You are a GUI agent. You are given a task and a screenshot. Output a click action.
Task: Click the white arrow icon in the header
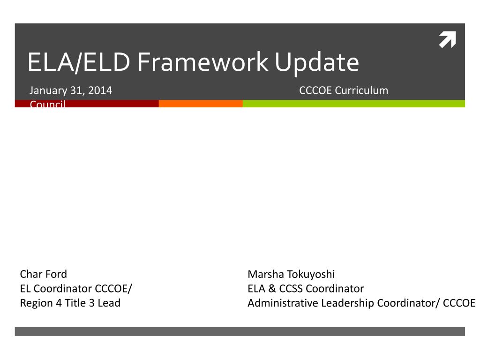point(447,40)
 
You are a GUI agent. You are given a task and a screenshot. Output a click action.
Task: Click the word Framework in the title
point(203,62)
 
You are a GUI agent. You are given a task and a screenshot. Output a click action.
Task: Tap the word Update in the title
point(317,62)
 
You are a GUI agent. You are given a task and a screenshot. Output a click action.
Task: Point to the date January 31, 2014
point(71,90)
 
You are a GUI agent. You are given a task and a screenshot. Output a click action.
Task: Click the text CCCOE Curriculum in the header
point(344,90)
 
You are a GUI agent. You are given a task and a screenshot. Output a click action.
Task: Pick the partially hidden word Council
point(47,104)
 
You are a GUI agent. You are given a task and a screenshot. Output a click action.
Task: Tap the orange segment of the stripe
point(201,104)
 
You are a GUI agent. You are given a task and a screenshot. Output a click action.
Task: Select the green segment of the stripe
point(353,104)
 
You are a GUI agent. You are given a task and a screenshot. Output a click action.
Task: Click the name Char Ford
point(44,274)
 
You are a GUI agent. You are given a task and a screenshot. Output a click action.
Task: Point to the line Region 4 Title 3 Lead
point(70,303)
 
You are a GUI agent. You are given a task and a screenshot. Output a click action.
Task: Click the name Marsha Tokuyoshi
point(291,274)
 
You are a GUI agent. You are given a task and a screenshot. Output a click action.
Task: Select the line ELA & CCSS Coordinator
point(306,289)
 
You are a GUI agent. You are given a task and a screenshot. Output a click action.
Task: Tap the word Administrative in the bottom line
point(283,303)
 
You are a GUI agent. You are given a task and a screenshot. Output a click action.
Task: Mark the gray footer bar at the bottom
point(240,331)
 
